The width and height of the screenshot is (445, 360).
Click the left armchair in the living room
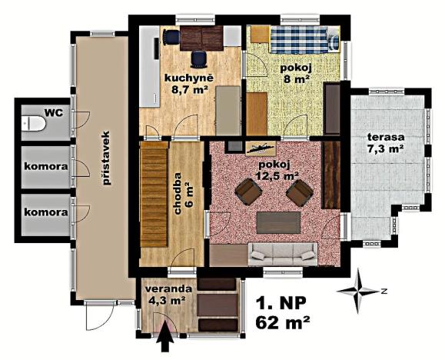point(248,191)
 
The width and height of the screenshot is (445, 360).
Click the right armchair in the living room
point(299,193)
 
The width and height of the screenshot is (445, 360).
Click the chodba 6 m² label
point(184,192)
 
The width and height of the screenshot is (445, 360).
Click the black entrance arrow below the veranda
point(164,339)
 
